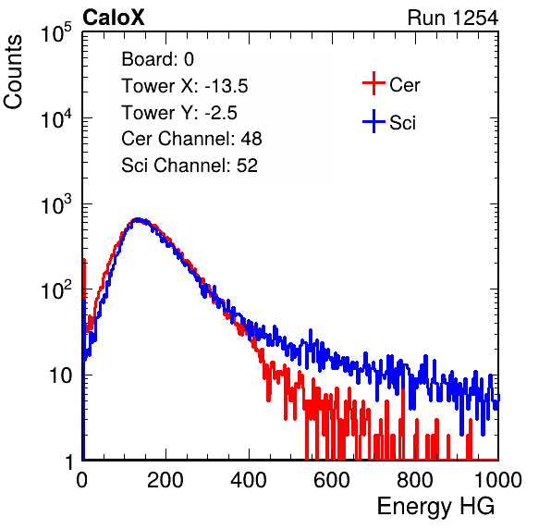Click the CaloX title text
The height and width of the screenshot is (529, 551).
pos(114,18)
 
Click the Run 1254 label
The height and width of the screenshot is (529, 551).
pos(453,18)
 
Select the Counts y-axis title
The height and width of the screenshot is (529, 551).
pos(13,72)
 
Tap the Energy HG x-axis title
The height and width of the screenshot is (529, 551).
pos(435,506)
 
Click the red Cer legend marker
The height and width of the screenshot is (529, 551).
pos(373,83)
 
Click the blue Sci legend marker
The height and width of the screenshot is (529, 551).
pos(373,121)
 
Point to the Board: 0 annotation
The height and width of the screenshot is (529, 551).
pos(157,59)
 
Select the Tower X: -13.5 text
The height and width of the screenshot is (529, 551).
pos(185,86)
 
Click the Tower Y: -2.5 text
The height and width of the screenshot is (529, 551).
pos(179,113)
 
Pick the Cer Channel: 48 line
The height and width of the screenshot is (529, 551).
pos(191,139)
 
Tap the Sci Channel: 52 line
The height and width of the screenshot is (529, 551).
pos(190,166)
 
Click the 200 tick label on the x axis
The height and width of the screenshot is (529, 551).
pos(165,480)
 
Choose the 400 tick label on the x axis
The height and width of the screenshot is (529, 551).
pos(249,480)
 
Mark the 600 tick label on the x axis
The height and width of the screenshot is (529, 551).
pos(332,480)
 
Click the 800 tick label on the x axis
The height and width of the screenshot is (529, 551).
pos(415,480)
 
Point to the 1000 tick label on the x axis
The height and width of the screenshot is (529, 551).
pos(498,480)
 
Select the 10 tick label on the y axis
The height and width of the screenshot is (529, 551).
pos(61,375)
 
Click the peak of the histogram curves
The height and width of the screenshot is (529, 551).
pos(138,220)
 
